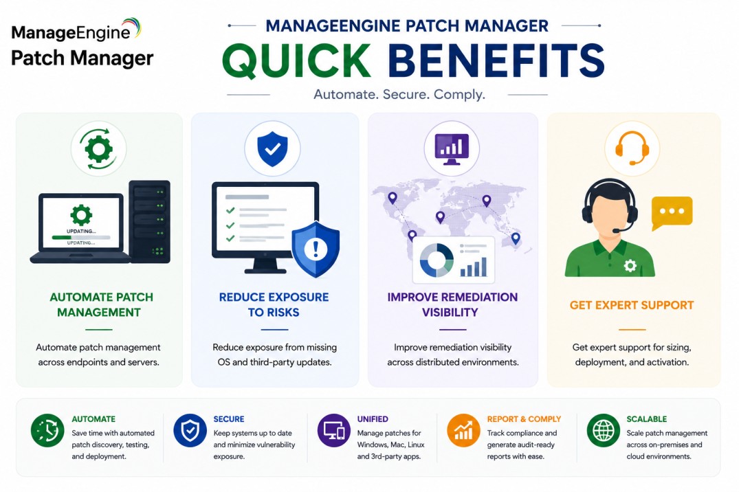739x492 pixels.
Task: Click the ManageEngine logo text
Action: (x=71, y=32)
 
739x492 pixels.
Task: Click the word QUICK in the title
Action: (x=296, y=61)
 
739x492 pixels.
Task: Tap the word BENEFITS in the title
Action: (x=496, y=60)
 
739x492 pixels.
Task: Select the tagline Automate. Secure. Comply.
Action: (x=399, y=94)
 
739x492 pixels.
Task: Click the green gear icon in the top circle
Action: (x=98, y=149)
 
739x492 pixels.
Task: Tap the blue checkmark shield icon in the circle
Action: (x=272, y=149)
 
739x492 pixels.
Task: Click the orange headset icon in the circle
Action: (x=632, y=148)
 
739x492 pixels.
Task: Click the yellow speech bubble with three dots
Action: (x=672, y=212)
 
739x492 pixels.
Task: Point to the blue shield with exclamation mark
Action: (x=316, y=249)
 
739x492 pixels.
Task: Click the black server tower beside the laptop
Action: (x=149, y=221)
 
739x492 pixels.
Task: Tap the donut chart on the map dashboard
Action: (x=437, y=260)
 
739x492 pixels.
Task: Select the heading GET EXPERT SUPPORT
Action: (x=632, y=305)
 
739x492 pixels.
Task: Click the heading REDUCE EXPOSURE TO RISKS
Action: (x=274, y=304)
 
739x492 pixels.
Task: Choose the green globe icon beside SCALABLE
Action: (x=604, y=430)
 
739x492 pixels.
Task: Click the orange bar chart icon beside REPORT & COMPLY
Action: (x=463, y=430)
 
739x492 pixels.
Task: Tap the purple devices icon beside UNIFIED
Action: (x=333, y=430)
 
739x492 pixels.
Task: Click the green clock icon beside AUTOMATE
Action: (x=47, y=430)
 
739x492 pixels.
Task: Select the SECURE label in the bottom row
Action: (x=229, y=419)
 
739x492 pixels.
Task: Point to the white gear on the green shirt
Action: (x=630, y=266)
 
